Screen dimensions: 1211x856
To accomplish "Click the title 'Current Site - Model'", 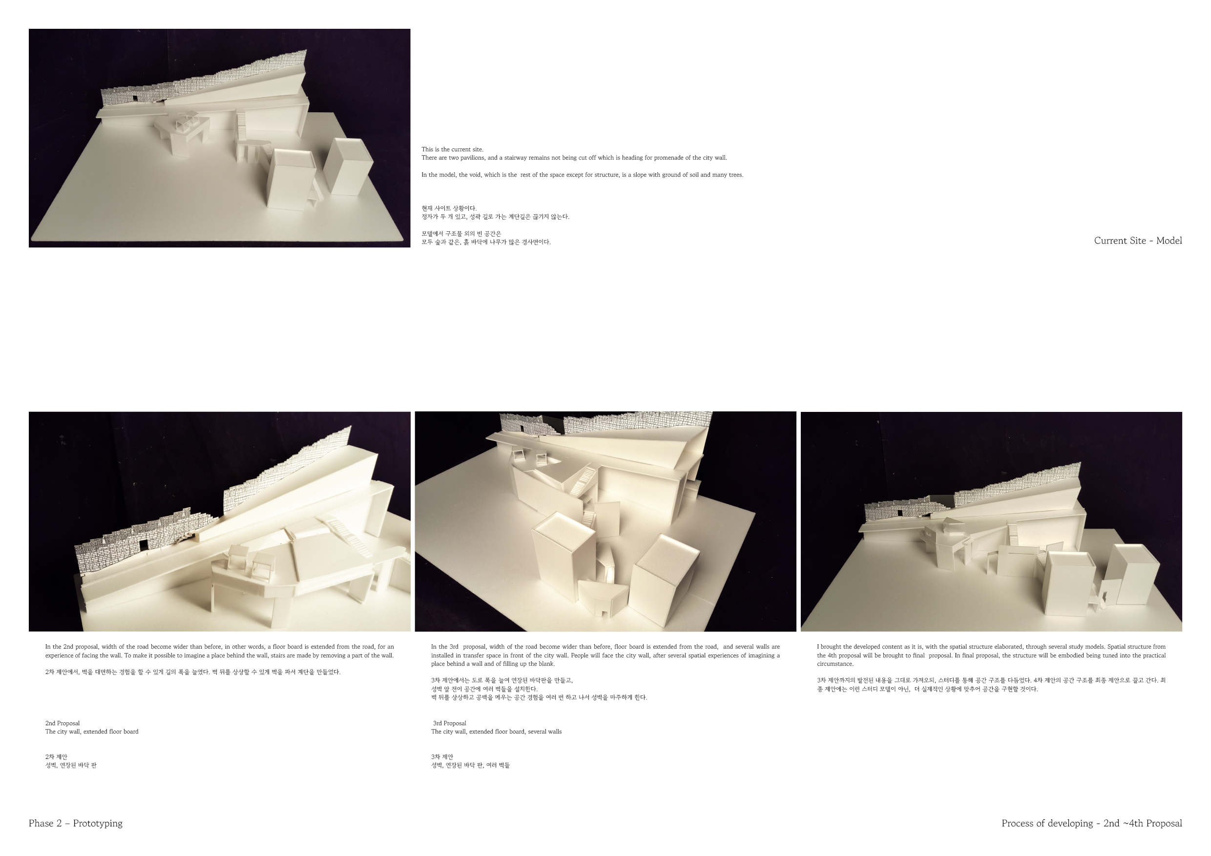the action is (x=1138, y=241).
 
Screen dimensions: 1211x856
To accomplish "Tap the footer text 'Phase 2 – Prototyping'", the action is (x=75, y=823).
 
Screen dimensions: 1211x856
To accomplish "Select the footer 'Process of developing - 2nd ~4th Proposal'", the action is (x=1092, y=823).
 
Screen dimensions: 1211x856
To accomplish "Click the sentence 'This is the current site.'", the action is (x=452, y=149).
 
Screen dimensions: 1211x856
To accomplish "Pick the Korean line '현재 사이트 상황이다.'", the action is (x=449, y=208).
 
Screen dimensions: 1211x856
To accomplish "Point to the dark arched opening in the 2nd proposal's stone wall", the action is (x=143, y=545).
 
